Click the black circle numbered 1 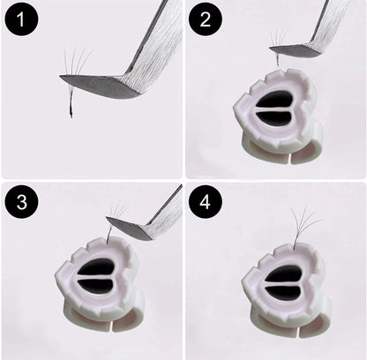pyautogui.click(x=21, y=19)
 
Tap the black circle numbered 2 pyautogui.click(x=206, y=19)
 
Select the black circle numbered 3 pyautogui.click(x=21, y=202)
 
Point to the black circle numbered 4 pyautogui.click(x=206, y=202)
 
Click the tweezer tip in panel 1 pyautogui.click(x=60, y=76)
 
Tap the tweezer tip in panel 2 pyautogui.click(x=270, y=48)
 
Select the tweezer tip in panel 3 pyautogui.click(x=107, y=218)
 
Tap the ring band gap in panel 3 pyautogui.click(x=111, y=327)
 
